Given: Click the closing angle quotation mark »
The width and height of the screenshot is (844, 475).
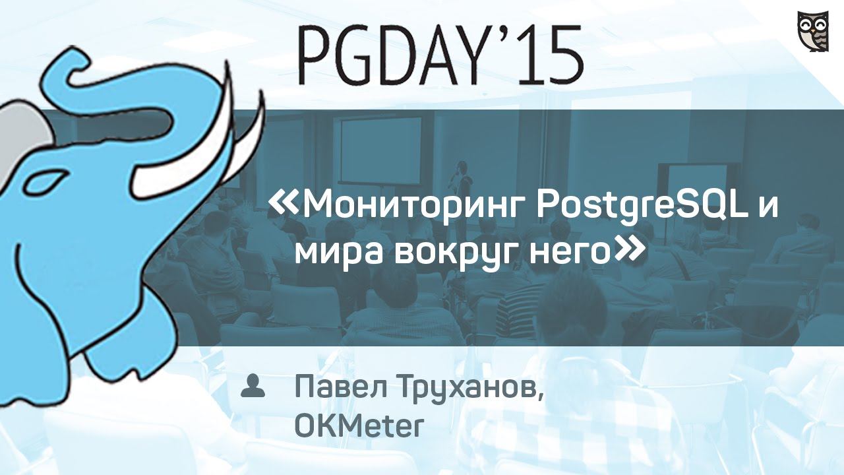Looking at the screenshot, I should [x=627, y=250].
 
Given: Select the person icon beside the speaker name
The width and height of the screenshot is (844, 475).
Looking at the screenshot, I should [x=252, y=386].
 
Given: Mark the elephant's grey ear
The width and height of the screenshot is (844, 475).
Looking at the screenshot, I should [x=20, y=132].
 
